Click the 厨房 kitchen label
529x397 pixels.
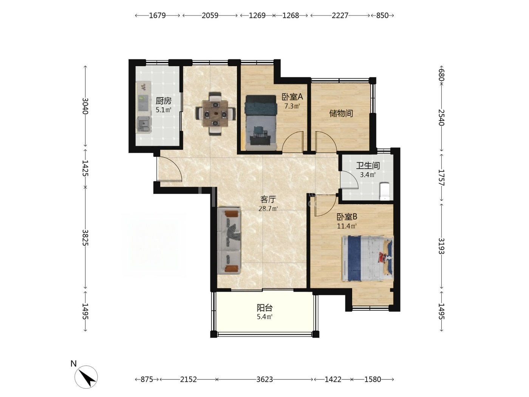point(163,101)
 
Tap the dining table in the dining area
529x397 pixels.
point(215,113)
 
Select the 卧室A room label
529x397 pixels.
point(292,97)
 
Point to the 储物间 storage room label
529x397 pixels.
point(341,113)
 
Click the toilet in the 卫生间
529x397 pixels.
point(385,191)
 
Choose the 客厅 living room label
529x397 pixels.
point(268,199)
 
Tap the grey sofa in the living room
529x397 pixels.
point(229,240)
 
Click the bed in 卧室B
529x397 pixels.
point(368,258)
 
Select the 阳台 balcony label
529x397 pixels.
point(264,308)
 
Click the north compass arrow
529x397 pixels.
point(86,377)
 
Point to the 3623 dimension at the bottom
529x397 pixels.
point(264,379)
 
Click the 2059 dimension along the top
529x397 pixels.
point(210,16)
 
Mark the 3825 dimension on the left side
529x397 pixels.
point(85,237)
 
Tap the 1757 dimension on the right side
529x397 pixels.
point(441,177)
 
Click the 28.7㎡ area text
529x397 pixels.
point(268,208)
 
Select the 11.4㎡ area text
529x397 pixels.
point(347,226)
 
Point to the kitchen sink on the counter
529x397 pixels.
point(144,124)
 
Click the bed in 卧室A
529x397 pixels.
point(261,123)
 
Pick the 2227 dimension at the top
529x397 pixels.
point(340,16)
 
